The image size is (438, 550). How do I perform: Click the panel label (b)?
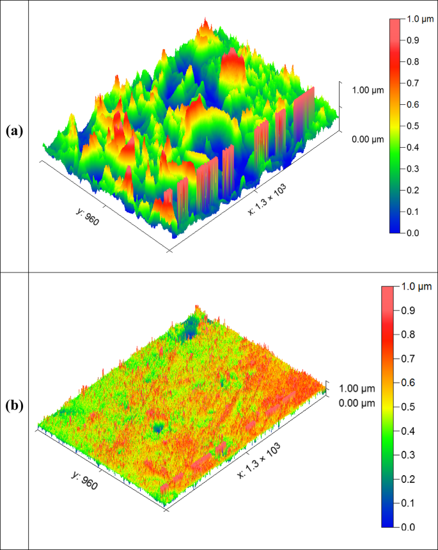coord(14,405)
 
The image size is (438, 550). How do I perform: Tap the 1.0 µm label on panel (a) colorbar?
coord(420,19)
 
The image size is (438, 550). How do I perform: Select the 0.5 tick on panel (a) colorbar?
coord(414,126)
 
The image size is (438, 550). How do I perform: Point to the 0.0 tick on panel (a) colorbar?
coord(414,233)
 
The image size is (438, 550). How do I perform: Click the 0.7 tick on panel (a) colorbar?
coord(414,83)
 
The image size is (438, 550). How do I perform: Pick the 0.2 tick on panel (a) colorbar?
coord(414,190)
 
